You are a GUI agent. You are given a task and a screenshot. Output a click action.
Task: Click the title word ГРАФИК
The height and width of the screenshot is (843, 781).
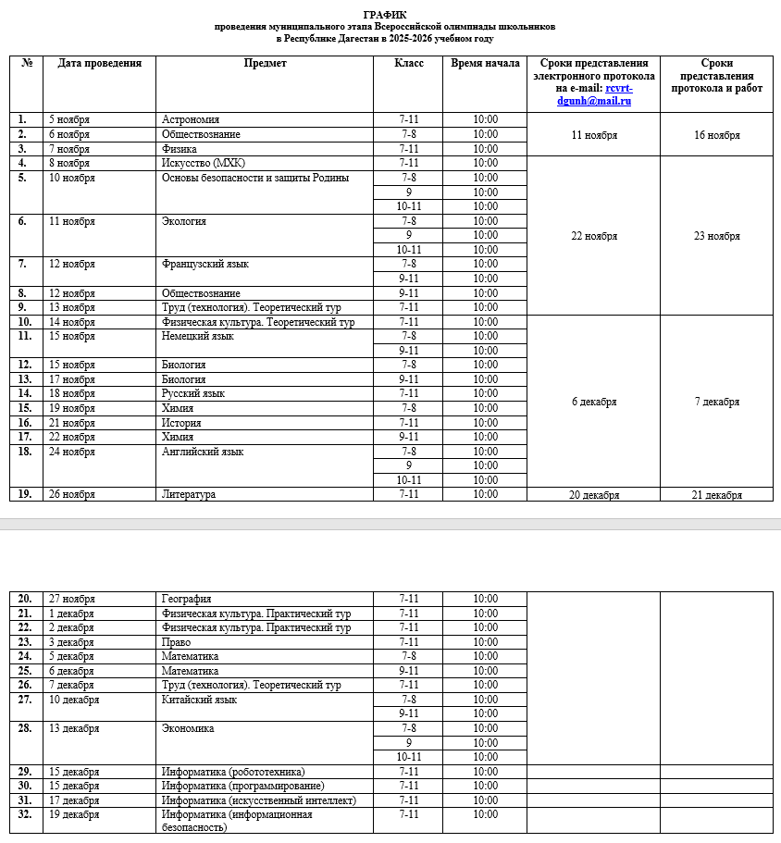pyautogui.click(x=385, y=15)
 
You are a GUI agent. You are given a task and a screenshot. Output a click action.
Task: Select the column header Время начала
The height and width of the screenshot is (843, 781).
pyautogui.click(x=485, y=64)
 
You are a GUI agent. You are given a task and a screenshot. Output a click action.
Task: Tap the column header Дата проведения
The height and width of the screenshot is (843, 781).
pyautogui.click(x=100, y=64)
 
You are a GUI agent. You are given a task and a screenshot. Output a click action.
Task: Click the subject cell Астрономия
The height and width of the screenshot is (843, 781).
pyautogui.click(x=190, y=120)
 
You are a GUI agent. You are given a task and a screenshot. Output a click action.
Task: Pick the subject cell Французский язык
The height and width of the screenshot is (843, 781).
pyautogui.click(x=205, y=265)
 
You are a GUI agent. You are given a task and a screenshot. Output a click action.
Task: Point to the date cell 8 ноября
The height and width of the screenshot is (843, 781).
pyautogui.click(x=69, y=164)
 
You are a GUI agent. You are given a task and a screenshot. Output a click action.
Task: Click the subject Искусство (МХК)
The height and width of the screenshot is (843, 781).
pyautogui.click(x=199, y=164)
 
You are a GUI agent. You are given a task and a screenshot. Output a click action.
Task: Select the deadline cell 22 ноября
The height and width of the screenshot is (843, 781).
pyautogui.click(x=594, y=236)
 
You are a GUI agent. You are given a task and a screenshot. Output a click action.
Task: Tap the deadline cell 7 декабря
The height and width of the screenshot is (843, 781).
pyautogui.click(x=716, y=403)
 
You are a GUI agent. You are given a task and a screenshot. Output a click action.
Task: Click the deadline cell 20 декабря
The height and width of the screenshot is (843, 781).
pyautogui.click(x=594, y=495)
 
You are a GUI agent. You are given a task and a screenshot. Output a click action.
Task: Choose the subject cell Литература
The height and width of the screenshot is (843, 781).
pyautogui.click(x=189, y=495)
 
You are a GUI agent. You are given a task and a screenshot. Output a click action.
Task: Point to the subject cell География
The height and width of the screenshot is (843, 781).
pyautogui.click(x=186, y=600)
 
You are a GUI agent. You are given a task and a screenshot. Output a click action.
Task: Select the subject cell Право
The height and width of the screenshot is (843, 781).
pyautogui.click(x=176, y=642)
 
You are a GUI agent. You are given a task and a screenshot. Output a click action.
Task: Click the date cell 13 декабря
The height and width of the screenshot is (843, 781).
pyautogui.click(x=74, y=728)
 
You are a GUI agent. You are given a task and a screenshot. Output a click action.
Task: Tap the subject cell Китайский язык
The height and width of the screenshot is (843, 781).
pyautogui.click(x=199, y=700)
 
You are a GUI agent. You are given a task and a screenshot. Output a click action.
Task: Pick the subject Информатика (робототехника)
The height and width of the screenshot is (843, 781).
pyautogui.click(x=232, y=772)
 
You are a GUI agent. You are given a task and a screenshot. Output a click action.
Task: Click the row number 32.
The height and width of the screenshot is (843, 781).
pyautogui.click(x=25, y=815)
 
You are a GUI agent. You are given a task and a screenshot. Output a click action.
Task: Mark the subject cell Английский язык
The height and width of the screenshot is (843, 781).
pyautogui.click(x=203, y=452)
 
